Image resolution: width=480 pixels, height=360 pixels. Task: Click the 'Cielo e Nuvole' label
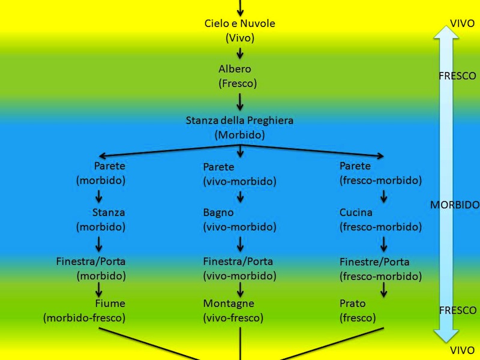(x=240, y=23)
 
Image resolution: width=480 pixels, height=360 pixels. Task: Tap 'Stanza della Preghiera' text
(x=240, y=121)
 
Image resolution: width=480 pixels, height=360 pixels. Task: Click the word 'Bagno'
(x=218, y=212)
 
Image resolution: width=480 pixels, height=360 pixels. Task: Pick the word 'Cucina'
(x=356, y=212)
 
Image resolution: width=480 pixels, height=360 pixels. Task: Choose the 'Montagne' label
(x=229, y=304)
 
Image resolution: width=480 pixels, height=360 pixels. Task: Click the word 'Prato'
(x=352, y=304)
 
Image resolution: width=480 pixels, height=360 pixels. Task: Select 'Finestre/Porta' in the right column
(x=374, y=262)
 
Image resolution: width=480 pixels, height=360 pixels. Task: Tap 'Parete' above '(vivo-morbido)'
(x=218, y=167)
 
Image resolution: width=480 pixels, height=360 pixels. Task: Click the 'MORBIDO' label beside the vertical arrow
(x=455, y=205)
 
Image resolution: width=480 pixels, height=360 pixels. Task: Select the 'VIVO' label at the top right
(x=462, y=24)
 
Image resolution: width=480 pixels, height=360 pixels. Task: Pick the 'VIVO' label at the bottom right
(x=462, y=350)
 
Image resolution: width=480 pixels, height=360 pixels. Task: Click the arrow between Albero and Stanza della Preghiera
(x=240, y=101)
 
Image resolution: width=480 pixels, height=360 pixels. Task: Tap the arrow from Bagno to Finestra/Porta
(x=240, y=243)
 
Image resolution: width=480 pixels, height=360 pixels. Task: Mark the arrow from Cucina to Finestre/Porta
(x=384, y=243)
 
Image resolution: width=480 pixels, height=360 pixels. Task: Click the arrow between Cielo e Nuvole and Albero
(x=240, y=53)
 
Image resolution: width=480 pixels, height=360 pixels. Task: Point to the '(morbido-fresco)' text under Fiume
(x=84, y=318)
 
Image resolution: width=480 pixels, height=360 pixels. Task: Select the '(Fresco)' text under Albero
(x=238, y=83)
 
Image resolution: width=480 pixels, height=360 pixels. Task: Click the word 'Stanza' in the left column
(x=109, y=212)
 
